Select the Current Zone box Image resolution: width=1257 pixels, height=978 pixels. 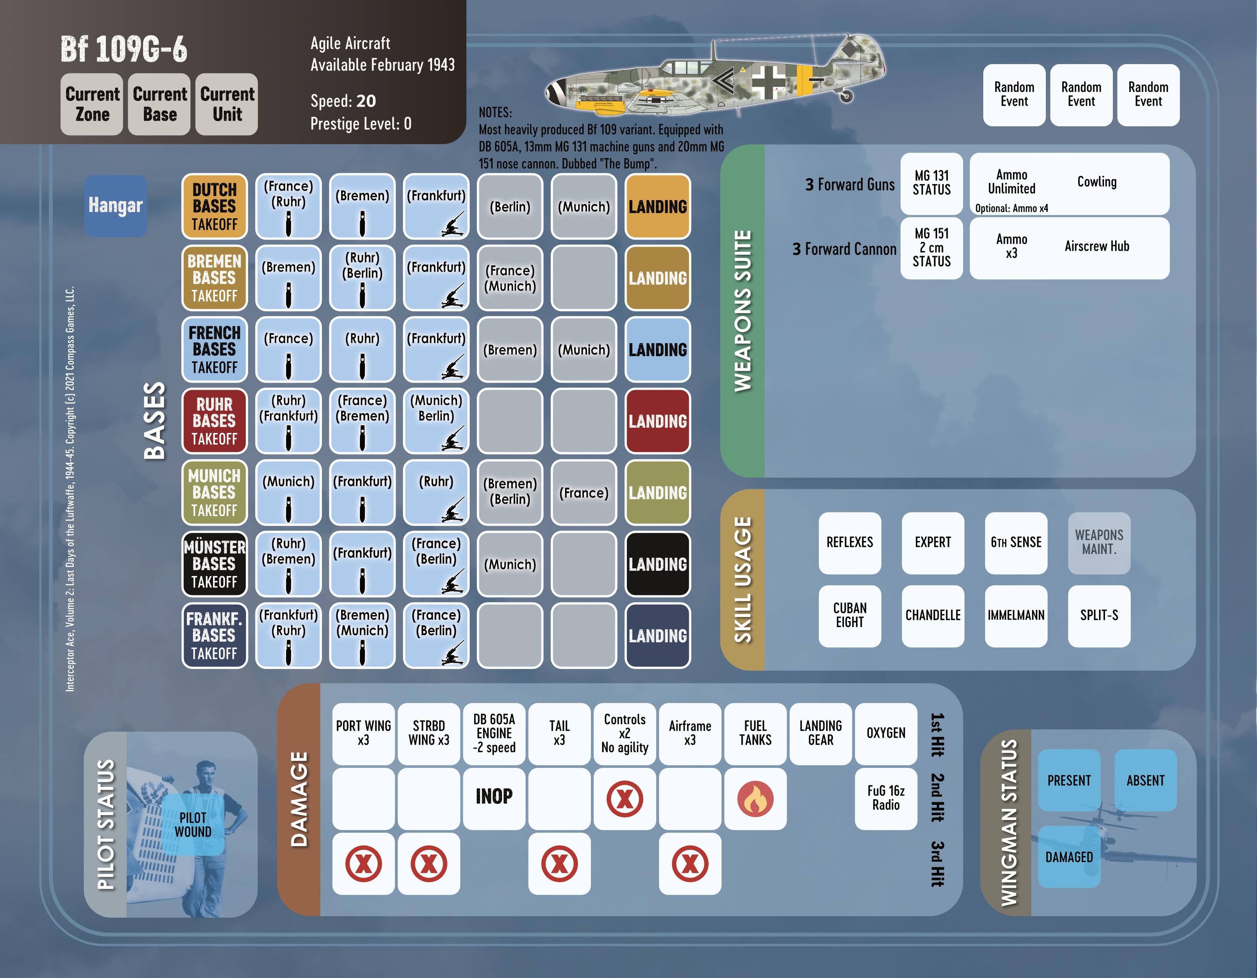[x=92, y=104]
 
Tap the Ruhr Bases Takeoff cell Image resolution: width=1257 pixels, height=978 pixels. [x=214, y=421]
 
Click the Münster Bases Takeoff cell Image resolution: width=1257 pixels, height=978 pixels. [x=214, y=564]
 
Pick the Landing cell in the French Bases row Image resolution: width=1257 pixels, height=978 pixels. [x=657, y=349]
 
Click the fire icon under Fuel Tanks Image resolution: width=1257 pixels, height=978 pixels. [x=755, y=798]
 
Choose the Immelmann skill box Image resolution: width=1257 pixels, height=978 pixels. [x=1016, y=615]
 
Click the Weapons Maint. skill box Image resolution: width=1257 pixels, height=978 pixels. [x=1099, y=542]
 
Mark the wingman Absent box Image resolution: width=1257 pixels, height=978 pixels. [x=1145, y=781]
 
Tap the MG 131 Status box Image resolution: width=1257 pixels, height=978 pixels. [x=931, y=183]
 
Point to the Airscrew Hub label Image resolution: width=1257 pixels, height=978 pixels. [x=1096, y=246]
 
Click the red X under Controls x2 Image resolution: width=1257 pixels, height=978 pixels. [x=625, y=798]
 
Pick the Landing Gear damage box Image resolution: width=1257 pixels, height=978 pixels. [x=820, y=733]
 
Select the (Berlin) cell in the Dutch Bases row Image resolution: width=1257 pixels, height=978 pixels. [x=510, y=207]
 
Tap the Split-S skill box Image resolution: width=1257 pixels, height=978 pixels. [x=1099, y=615]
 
